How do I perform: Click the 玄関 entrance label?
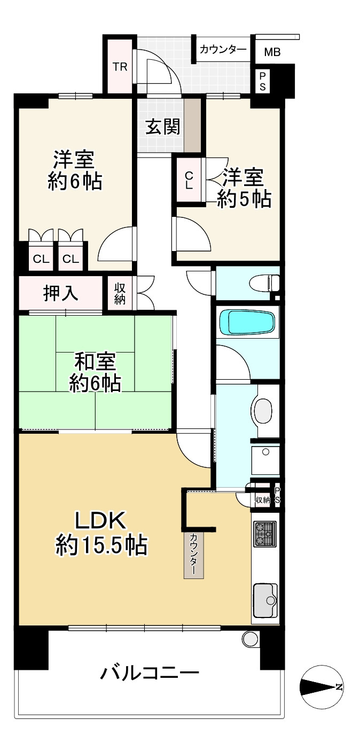tap(163, 127)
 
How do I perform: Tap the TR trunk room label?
tap(120, 67)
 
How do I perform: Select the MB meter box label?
tap(272, 52)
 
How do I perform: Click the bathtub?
tap(247, 323)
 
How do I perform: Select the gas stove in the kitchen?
tap(265, 534)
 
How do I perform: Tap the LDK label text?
tap(100, 521)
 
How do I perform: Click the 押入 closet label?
tap(61, 293)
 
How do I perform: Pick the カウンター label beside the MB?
tap(223, 50)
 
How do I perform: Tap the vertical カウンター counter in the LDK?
tap(193, 555)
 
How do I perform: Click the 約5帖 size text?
tap(244, 199)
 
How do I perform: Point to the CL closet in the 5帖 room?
tap(189, 180)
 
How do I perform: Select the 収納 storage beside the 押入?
tap(120, 293)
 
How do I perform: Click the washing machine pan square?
tap(265, 460)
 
